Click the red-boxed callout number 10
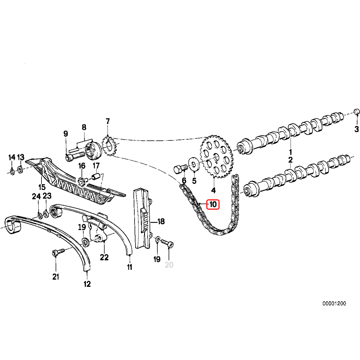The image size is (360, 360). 213,205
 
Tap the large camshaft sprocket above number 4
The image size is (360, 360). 216,157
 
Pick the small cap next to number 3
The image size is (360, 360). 357,112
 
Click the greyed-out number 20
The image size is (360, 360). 169,265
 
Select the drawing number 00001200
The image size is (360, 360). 334,303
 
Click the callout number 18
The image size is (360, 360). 161,221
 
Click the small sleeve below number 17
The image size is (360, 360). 96,176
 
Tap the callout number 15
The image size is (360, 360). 42,187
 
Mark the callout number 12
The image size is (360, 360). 87,284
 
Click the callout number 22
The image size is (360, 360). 104,257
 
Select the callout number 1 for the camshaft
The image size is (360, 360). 290,152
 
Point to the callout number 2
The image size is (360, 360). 290,160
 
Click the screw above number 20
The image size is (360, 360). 168,243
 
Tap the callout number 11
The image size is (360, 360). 129,267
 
